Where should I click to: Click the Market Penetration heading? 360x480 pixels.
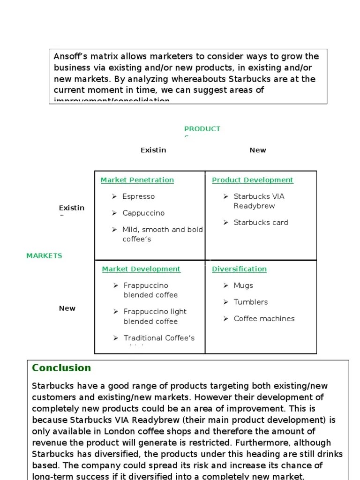point(137,180)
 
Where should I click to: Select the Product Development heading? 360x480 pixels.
point(252,180)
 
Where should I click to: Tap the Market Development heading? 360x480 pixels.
point(141,269)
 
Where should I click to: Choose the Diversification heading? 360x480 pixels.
point(239,269)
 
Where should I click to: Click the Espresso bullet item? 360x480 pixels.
point(138,196)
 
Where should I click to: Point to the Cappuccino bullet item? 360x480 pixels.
point(143,213)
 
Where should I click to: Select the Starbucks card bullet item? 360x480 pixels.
point(261,223)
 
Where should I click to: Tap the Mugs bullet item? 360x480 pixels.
point(243,285)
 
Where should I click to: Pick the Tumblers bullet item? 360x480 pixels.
point(251,302)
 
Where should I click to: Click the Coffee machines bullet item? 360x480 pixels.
point(264,319)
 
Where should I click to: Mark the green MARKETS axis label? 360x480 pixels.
point(44,256)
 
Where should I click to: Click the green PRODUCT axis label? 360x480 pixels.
point(202,129)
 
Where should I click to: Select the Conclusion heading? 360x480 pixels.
point(61,368)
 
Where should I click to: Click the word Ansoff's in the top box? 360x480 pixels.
point(70,57)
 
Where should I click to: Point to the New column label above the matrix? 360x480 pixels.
point(258,150)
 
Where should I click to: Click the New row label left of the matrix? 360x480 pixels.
point(67,308)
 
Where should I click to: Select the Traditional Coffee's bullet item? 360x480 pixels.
point(159,338)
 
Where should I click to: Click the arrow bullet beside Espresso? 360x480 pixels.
point(114,196)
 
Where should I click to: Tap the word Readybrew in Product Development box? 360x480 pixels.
point(254,206)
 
